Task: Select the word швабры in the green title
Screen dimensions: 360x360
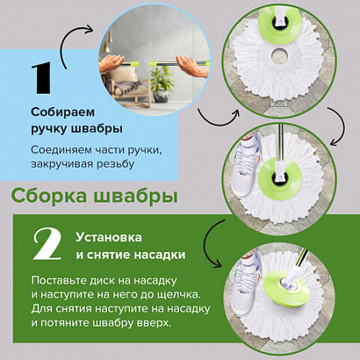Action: point(140,198)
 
